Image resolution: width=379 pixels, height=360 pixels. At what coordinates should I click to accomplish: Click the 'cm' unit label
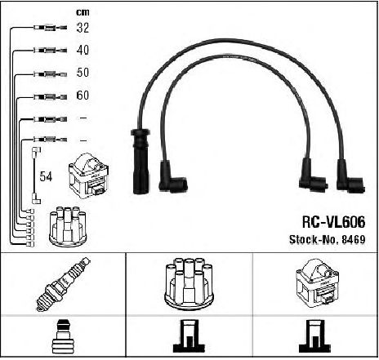(x=82, y=12)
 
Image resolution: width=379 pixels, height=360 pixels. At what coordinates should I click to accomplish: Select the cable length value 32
(x=82, y=28)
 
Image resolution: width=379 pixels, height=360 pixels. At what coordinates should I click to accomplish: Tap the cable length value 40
(x=82, y=50)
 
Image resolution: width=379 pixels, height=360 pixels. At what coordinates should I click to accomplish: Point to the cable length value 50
(x=82, y=73)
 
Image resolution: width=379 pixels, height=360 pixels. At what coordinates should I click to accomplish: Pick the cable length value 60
(x=82, y=96)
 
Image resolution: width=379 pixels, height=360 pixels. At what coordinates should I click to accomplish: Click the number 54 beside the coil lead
(x=46, y=176)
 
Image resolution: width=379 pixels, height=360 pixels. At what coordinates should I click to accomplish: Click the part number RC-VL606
(x=333, y=222)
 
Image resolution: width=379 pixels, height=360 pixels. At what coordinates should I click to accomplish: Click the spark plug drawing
(x=63, y=284)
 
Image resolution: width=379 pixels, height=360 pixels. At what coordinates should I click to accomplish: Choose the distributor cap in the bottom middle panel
(x=189, y=284)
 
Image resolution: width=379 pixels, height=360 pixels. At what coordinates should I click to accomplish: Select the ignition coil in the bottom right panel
(x=318, y=283)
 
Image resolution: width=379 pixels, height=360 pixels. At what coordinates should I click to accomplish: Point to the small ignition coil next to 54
(x=89, y=176)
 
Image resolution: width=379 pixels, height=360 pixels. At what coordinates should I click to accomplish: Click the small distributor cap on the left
(x=68, y=227)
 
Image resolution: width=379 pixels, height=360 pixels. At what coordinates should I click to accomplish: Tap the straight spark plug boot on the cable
(x=140, y=161)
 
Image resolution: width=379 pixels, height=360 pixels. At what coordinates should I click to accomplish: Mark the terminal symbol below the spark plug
(x=63, y=336)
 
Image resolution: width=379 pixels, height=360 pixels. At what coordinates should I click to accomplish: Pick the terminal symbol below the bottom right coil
(x=315, y=336)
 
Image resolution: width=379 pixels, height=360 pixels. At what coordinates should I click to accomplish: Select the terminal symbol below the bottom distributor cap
(x=189, y=336)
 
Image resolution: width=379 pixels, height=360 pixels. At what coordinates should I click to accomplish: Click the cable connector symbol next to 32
(x=50, y=28)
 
